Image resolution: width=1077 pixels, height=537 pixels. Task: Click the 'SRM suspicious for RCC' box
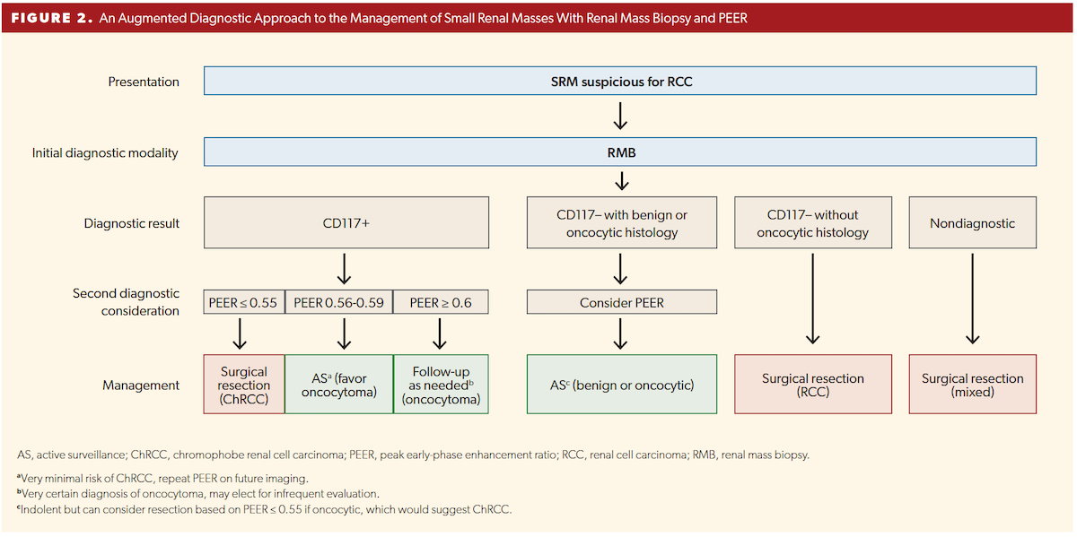[620, 82]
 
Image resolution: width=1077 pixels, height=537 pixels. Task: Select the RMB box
[620, 152]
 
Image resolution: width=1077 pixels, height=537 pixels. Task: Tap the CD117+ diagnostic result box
[346, 223]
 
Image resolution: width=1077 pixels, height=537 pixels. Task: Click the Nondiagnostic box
[972, 223]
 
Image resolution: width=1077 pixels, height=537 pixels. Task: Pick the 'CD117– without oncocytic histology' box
[812, 223]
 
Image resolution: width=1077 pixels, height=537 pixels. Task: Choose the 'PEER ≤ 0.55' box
[243, 302]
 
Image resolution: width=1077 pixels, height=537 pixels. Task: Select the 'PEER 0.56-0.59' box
[339, 302]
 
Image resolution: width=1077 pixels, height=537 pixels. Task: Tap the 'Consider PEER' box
[621, 302]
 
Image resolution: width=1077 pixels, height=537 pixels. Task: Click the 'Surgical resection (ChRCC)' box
[243, 385]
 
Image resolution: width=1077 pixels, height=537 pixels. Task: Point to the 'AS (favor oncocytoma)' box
[339, 385]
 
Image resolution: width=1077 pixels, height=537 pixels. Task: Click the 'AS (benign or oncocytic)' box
[621, 385]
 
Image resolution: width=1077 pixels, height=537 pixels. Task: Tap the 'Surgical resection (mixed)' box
[972, 385]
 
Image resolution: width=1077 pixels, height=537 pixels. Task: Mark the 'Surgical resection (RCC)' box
[812, 385]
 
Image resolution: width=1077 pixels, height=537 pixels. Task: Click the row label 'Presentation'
[144, 82]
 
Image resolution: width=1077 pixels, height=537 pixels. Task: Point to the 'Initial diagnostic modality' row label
[105, 152]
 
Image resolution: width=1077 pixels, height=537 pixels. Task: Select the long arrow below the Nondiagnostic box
[972, 299]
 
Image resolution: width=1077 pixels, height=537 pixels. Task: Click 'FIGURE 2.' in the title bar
[50, 17]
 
